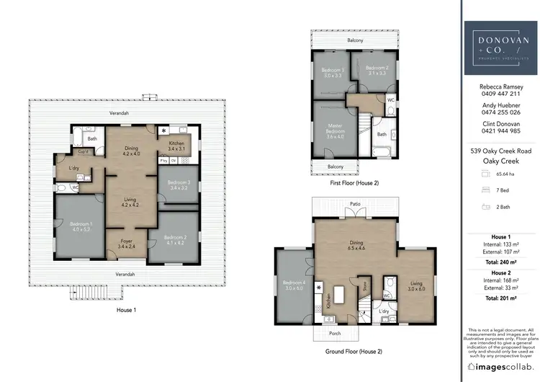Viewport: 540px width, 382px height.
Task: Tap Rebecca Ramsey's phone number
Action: pyautogui.click(x=500, y=94)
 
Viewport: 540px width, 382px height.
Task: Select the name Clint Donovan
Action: pyautogui.click(x=500, y=123)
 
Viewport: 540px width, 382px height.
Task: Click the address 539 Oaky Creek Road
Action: pyautogui.click(x=500, y=151)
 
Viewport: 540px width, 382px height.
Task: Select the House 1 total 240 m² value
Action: pyautogui.click(x=500, y=263)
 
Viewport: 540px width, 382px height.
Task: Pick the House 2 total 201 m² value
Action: pyautogui.click(x=500, y=298)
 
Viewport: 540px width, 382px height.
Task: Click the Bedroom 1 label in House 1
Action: pyautogui.click(x=80, y=226)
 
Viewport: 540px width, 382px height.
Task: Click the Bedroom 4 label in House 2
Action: pyautogui.click(x=294, y=285)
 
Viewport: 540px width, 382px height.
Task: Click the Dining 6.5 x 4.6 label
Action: pyautogui.click(x=356, y=246)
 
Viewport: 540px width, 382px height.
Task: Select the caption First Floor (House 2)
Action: pyautogui.click(x=353, y=184)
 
